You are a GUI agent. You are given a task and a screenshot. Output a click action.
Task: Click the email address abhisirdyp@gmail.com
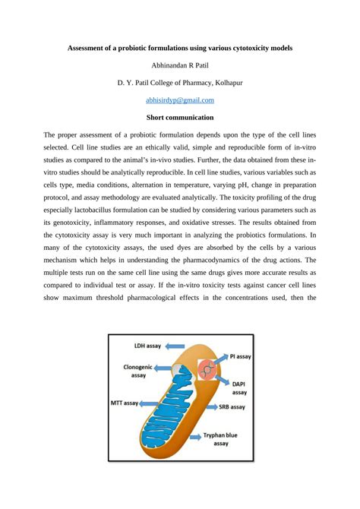click(x=179, y=100)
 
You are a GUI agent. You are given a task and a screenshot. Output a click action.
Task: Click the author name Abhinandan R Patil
click(x=179, y=65)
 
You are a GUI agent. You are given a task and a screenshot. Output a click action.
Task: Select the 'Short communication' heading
click(x=179, y=118)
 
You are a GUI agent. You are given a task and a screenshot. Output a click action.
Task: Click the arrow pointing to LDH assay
click(x=161, y=346)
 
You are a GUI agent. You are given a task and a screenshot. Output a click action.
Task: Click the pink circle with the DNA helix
click(x=206, y=370)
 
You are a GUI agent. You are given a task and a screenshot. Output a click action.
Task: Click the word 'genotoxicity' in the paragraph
click(x=77, y=223)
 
